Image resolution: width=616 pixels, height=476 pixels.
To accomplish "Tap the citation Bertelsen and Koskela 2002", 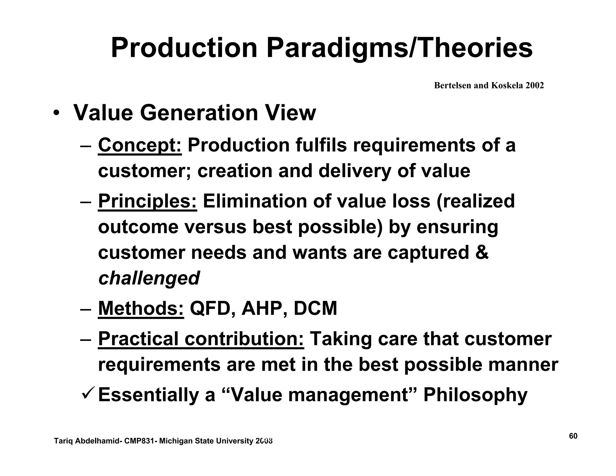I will click(489, 86).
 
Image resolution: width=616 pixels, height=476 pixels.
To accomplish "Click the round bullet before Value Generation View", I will click(56, 114).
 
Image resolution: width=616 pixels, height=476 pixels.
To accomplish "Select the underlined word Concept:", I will click(140, 145).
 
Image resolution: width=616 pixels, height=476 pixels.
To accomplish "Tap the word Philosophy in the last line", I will click(475, 395).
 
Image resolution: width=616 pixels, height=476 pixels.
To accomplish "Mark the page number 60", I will click(573, 436).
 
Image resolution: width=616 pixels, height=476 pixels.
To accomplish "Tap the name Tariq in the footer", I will click(62, 441).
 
